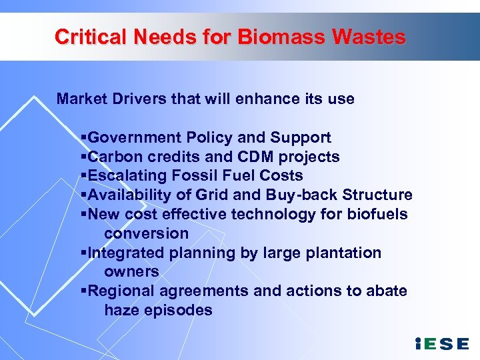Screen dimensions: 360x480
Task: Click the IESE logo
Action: coord(441,343)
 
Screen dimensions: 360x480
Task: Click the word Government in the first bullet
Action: coord(135,138)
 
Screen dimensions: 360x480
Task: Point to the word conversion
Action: coord(146,233)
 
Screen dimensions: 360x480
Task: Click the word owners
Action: coord(131,271)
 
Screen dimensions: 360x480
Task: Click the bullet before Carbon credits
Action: coord(83,157)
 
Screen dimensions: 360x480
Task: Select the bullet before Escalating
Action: coord(83,176)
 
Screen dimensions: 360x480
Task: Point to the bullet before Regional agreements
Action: coord(83,291)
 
